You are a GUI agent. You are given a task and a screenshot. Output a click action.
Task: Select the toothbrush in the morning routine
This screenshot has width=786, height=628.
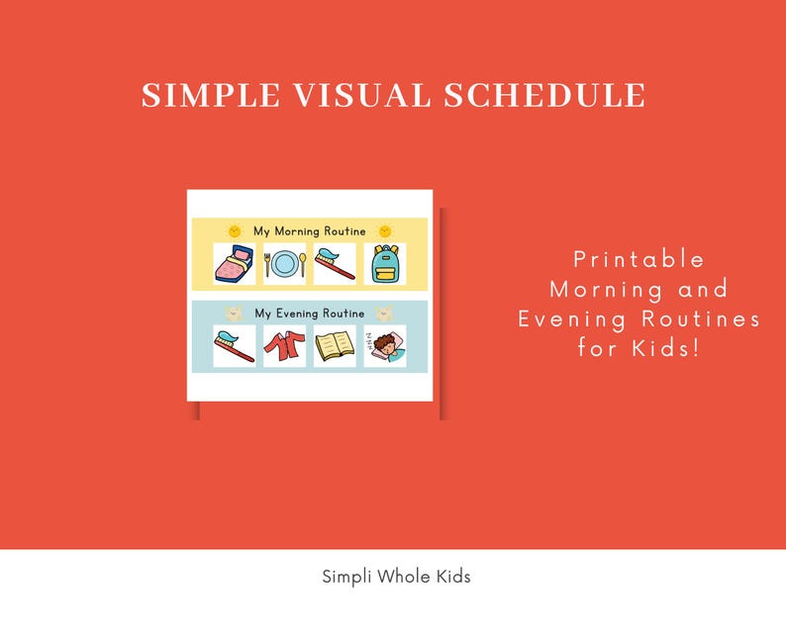(335, 264)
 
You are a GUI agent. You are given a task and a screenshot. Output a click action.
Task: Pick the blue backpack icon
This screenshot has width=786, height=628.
(384, 264)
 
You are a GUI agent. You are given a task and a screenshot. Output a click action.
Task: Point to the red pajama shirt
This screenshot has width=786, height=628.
(284, 346)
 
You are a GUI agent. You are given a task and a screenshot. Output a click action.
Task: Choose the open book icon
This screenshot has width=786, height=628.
(335, 346)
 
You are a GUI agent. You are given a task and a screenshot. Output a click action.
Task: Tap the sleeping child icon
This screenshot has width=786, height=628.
(384, 346)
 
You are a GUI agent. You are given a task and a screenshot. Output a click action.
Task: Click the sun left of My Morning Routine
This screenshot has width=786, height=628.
(235, 230)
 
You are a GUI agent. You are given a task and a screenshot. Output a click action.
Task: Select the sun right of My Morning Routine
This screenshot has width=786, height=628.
(384, 230)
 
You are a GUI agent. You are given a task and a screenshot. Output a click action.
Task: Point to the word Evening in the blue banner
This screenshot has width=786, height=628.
(297, 314)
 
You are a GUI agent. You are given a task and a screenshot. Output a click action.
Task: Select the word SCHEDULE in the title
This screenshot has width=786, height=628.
(543, 96)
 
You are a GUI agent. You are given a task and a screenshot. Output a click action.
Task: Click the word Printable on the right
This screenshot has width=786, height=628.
(639, 259)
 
